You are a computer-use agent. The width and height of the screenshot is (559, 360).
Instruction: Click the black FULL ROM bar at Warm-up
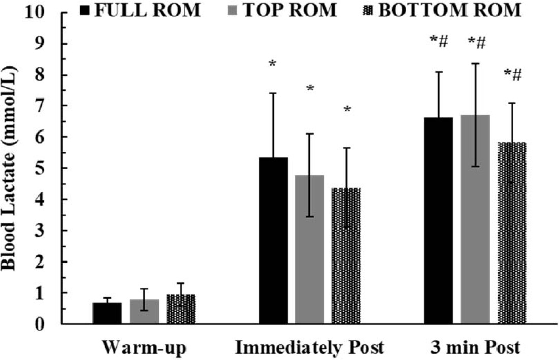[x=107, y=313]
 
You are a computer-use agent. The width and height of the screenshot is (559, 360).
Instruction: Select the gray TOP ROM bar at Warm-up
[x=144, y=312]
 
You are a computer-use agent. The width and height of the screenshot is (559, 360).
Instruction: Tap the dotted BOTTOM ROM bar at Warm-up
[x=181, y=309]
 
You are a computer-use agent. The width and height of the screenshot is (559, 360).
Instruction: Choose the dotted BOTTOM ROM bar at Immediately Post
[x=346, y=256]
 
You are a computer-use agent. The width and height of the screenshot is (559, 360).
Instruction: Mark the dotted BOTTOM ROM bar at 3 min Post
[x=512, y=233]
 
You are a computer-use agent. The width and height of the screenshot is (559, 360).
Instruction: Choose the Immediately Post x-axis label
[x=309, y=348]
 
